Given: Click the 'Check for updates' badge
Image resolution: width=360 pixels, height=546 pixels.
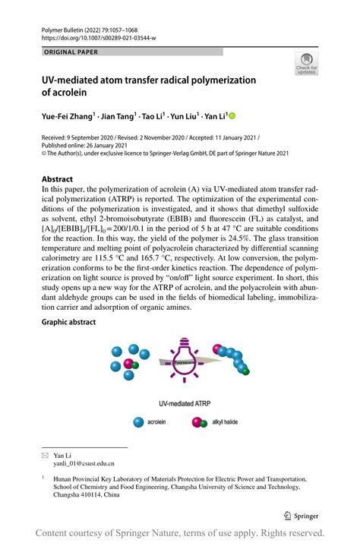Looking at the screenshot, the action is [x=306, y=64].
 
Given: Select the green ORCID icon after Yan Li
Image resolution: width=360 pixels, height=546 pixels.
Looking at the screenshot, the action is [x=232, y=116].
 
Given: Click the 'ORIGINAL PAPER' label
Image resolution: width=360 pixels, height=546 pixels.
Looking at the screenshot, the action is [x=71, y=52].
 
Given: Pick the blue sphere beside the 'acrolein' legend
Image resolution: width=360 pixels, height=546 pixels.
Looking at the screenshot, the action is [x=138, y=423].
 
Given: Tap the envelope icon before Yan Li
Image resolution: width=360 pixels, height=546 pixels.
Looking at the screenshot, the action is [x=46, y=455].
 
